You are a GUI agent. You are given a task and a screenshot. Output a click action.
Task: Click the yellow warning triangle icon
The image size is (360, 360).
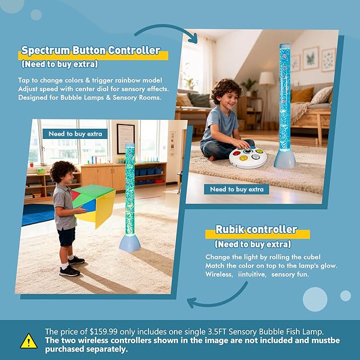pos(29,341)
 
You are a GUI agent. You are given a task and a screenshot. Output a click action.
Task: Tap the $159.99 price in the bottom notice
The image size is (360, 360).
pos(103,332)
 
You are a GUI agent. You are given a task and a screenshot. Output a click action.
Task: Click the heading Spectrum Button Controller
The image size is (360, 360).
pos(91,50)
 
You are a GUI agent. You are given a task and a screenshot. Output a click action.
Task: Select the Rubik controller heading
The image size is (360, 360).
pos(256,230)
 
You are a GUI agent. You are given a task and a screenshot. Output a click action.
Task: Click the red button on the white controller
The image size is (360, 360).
pos(236,153)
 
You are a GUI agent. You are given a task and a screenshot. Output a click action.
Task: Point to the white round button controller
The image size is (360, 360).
pos(248,157)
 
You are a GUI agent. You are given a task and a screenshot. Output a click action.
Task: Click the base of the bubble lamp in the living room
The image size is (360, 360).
pos(285,159)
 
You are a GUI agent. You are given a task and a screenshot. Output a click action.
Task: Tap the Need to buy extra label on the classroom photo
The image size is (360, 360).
pos(75,134)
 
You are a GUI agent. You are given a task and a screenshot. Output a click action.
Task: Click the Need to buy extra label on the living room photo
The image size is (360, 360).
pos(236,189)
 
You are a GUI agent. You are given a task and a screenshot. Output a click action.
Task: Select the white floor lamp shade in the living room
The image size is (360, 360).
pos(267,78)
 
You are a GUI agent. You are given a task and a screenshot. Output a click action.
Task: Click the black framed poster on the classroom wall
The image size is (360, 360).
pos(126,139)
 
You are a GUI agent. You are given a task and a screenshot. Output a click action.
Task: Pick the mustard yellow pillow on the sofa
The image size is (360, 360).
pos(302,94)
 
